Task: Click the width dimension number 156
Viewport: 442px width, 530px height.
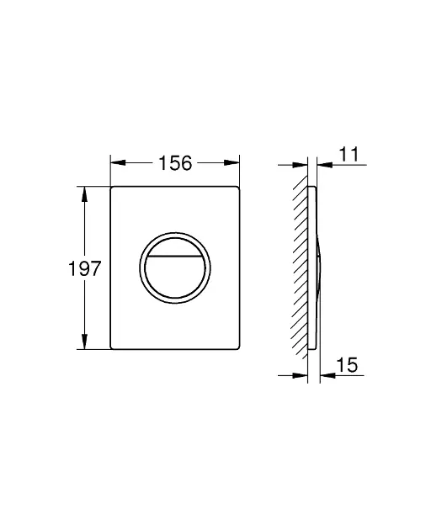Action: pyautogui.click(x=175, y=163)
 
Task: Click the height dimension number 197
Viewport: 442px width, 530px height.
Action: pyautogui.click(x=84, y=268)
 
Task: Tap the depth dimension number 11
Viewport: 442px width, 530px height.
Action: pyautogui.click(x=349, y=154)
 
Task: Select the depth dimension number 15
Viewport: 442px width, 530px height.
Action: pyautogui.click(x=347, y=365)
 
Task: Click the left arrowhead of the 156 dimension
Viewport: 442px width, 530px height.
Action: pyautogui.click(x=118, y=163)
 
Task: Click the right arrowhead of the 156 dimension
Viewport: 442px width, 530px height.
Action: pyautogui.click(x=232, y=163)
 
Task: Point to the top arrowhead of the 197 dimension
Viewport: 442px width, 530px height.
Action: pyautogui.click(x=84, y=194)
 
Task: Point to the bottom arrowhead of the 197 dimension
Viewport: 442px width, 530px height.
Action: pyautogui.click(x=84, y=342)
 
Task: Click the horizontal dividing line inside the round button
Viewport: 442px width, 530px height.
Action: pyautogui.click(x=175, y=257)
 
